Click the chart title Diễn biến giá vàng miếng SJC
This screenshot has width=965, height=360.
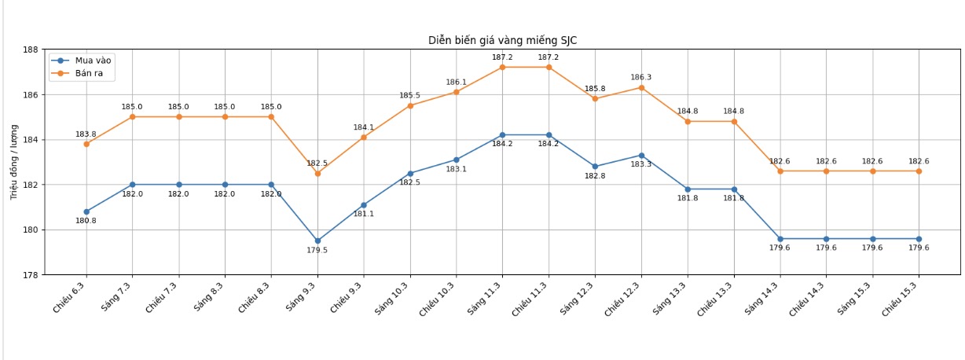click(x=502, y=40)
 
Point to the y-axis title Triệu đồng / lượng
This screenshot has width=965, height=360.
click(x=13, y=162)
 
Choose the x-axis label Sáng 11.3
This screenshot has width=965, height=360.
click(x=486, y=299)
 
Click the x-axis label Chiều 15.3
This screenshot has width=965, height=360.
click(x=901, y=299)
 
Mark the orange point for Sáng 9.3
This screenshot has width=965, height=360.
click(x=317, y=173)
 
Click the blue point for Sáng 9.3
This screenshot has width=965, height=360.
click(x=317, y=241)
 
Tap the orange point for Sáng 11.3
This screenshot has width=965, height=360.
click(x=502, y=68)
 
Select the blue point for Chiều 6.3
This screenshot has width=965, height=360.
click(x=86, y=211)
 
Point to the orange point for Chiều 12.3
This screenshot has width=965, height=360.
click(x=641, y=87)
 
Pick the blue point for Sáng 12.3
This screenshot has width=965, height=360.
click(x=595, y=167)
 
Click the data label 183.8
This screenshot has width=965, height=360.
click(x=86, y=134)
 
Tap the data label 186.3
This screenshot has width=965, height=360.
click(x=640, y=78)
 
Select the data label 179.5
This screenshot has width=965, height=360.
click(x=317, y=251)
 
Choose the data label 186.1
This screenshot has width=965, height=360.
click(x=456, y=83)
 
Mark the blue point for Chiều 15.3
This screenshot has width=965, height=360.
click(x=919, y=239)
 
